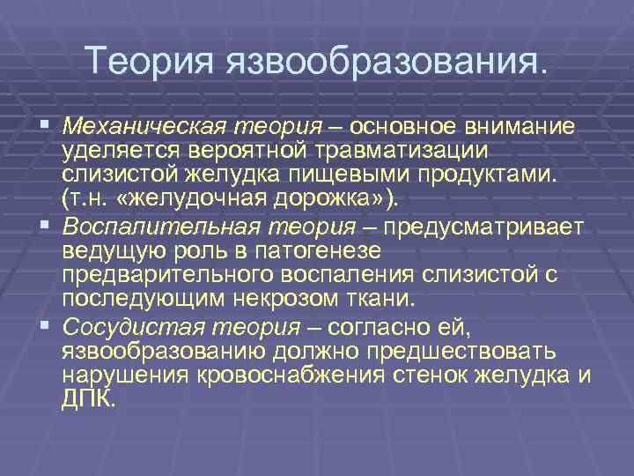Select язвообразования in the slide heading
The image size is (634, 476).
[x=387, y=62]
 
